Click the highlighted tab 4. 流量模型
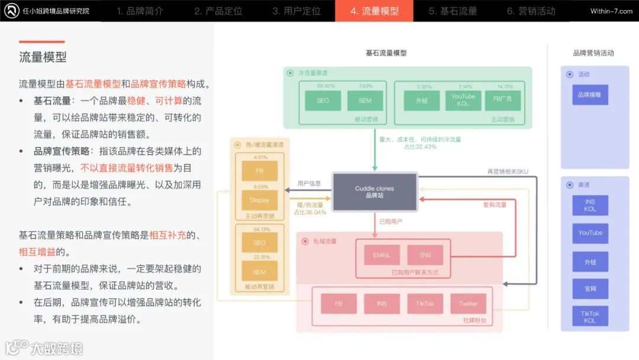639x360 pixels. click(x=374, y=11)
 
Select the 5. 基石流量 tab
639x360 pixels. click(x=453, y=11)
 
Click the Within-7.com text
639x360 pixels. click(x=611, y=11)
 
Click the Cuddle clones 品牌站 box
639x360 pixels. click(x=375, y=192)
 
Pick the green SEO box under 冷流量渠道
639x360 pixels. click(x=322, y=101)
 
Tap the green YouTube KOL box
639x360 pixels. click(x=463, y=101)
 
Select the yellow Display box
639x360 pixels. click(x=259, y=200)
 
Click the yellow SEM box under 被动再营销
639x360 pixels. click(x=259, y=272)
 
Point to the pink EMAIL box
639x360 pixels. click(x=382, y=255)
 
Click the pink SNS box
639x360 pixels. click(x=425, y=255)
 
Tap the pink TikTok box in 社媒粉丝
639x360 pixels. click(x=425, y=304)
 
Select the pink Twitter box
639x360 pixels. click(x=468, y=304)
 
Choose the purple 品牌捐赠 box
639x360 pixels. click(x=590, y=95)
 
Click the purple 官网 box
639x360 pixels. click(x=590, y=289)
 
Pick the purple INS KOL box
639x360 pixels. click(x=590, y=205)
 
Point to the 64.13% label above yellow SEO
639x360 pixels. click(x=259, y=229)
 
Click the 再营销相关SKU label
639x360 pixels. click(x=508, y=172)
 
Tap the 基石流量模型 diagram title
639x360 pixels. click(x=386, y=53)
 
